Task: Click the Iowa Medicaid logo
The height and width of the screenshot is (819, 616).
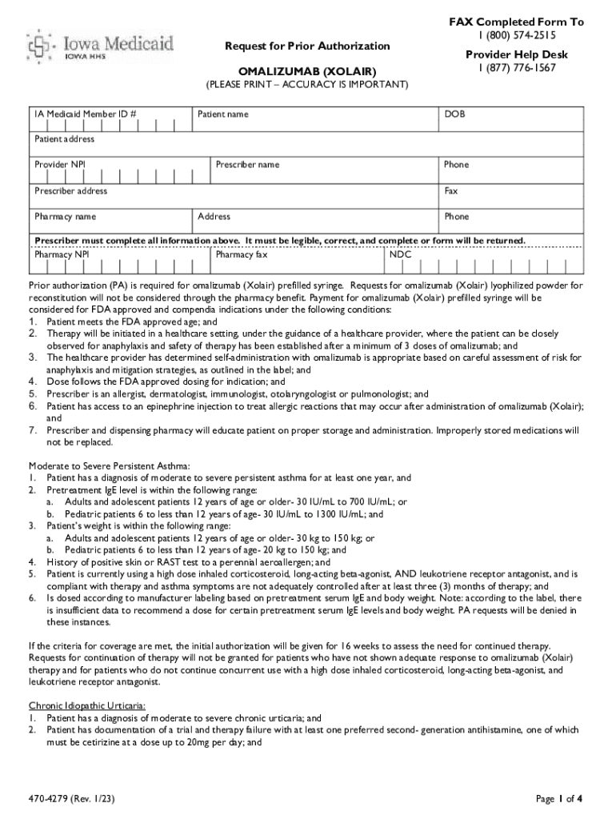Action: (101, 44)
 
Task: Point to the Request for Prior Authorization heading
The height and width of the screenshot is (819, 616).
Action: (306, 46)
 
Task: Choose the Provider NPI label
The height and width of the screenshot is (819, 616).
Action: (61, 165)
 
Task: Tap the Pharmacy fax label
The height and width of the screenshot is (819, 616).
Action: (242, 255)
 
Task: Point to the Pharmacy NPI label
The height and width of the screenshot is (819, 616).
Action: (62, 255)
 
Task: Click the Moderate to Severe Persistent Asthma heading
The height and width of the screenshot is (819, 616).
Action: (110, 465)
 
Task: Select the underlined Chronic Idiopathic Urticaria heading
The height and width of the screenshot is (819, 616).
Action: (87, 706)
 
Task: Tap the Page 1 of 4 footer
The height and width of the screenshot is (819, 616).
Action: (558, 797)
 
